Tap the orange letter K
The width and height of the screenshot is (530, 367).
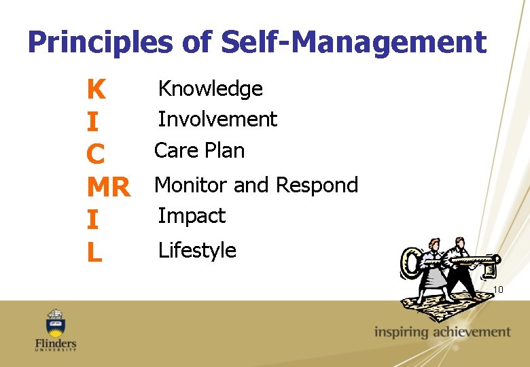coord(96,89)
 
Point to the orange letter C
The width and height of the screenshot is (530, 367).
coord(96,154)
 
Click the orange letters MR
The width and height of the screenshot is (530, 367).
coord(109,187)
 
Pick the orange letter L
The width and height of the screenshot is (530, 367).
coord(94,252)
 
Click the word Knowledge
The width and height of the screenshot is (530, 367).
coord(210,88)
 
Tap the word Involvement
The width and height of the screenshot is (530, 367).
coord(217,120)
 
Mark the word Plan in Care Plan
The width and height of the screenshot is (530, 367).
coord(225,150)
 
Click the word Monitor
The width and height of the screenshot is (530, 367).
coord(192,185)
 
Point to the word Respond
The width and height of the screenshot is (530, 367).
coord(316,185)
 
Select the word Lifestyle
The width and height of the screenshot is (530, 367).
coord(197,250)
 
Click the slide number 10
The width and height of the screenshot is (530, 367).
coord(498,290)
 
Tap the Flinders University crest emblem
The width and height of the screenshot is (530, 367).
coord(55,321)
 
